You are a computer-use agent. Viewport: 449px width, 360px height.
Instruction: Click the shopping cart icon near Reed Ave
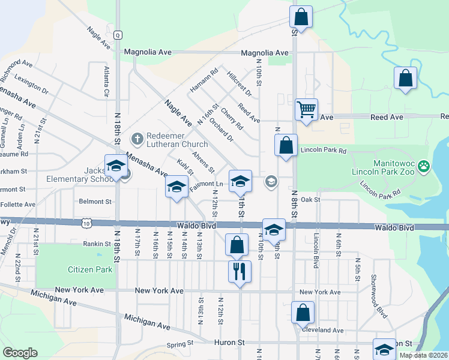pos(306,110)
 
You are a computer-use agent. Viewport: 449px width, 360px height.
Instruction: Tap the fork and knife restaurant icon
pos(240,271)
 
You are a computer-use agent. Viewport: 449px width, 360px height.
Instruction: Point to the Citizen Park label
pos(90,269)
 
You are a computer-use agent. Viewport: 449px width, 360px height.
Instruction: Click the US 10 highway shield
pos(86,223)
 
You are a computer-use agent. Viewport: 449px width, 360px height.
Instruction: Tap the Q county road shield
pos(118,35)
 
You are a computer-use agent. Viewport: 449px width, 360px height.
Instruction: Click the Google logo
pos(20,353)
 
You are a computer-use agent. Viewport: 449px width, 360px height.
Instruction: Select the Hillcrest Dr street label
pos(240,83)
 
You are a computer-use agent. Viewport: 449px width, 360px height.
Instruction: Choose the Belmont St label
pos(95,202)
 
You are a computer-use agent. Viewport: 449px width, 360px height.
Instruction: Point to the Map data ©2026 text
pos(423,355)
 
